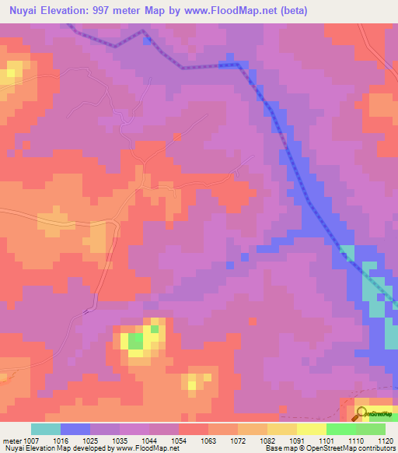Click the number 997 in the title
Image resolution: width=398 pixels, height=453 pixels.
[106, 11]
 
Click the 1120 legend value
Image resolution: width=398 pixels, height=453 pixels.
[386, 441]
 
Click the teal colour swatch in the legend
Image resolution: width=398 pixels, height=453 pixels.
[46, 429]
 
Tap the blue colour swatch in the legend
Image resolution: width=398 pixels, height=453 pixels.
[75, 429]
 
